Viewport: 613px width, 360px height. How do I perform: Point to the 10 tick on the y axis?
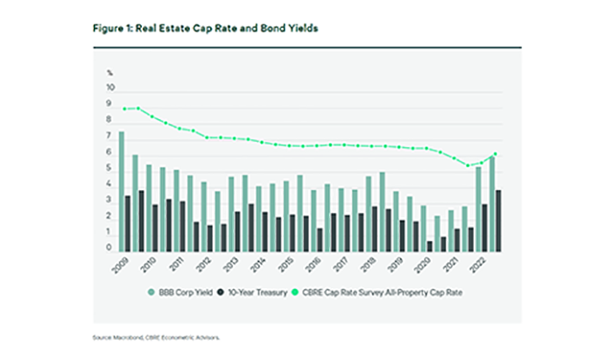109,88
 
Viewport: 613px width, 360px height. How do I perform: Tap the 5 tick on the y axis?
111,169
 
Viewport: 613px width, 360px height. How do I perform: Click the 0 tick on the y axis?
111,249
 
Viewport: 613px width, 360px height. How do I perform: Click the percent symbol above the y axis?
110,74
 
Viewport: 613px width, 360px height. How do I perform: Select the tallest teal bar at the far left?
122,190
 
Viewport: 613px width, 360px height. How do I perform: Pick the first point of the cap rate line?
124,109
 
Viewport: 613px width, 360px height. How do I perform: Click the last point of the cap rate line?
495,154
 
